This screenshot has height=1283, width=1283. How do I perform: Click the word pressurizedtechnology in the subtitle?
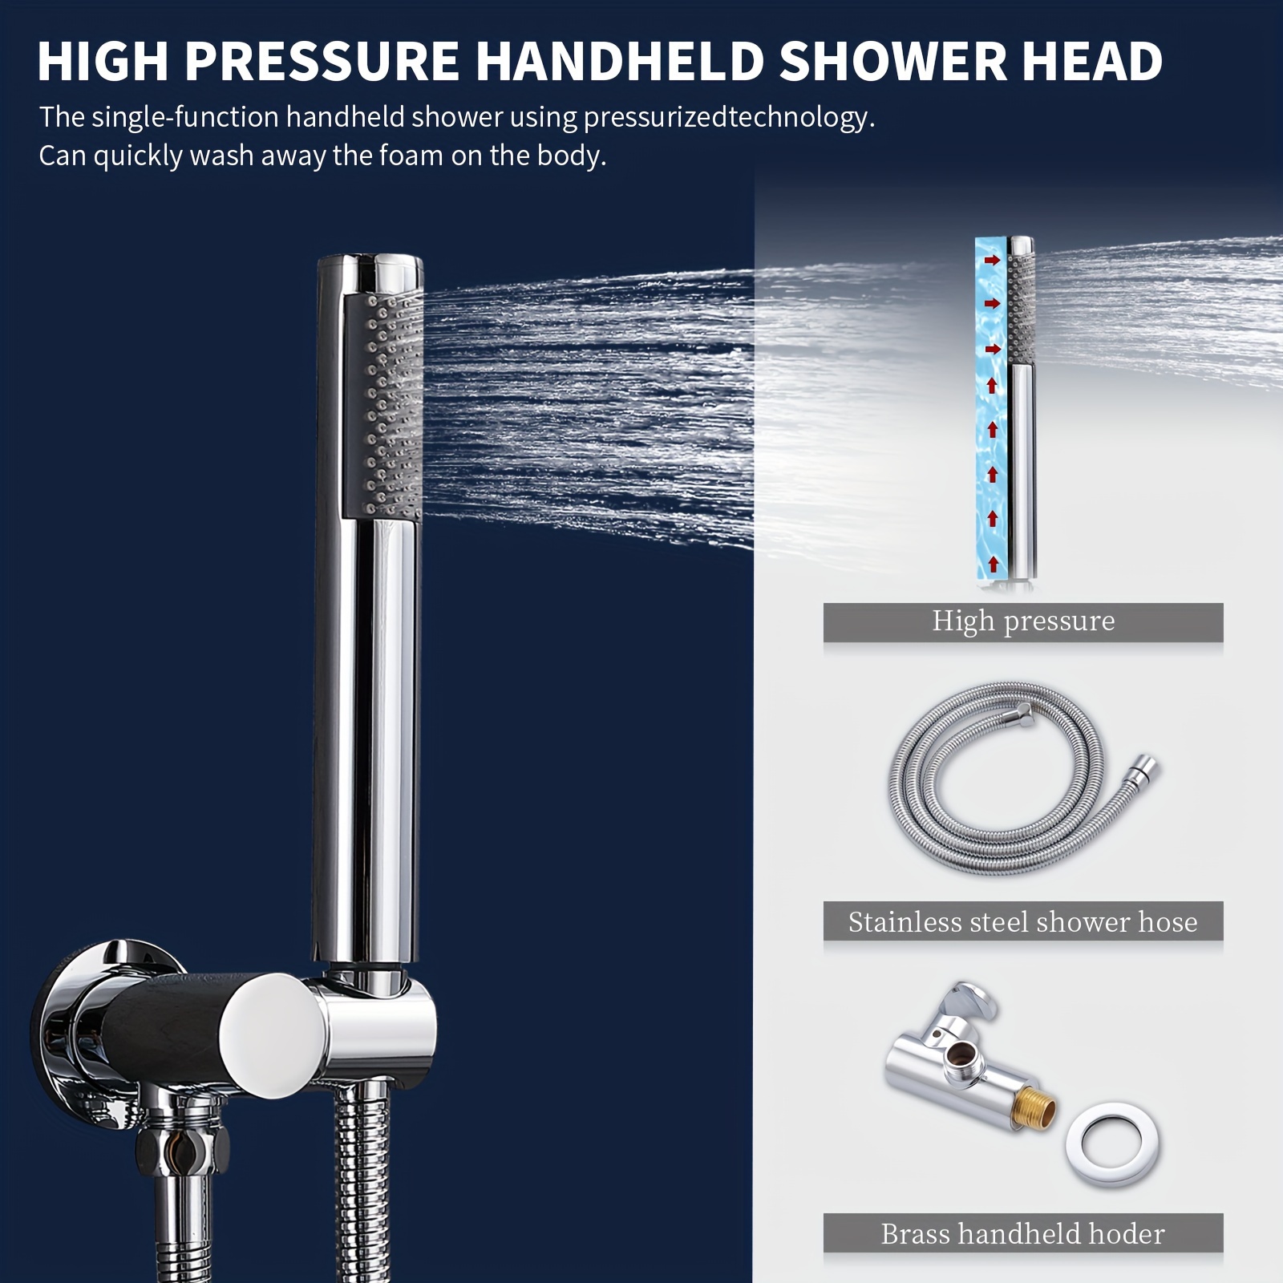click(728, 118)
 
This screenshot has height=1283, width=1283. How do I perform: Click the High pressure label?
click(1022, 621)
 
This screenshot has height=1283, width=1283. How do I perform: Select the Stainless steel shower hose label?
click(1022, 922)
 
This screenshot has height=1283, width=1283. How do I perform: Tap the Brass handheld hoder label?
click(1022, 1234)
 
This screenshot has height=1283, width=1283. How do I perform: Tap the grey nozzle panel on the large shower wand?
click(383, 405)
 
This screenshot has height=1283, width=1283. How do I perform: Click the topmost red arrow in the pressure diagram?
click(994, 260)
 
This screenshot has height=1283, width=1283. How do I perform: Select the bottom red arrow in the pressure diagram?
click(994, 563)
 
